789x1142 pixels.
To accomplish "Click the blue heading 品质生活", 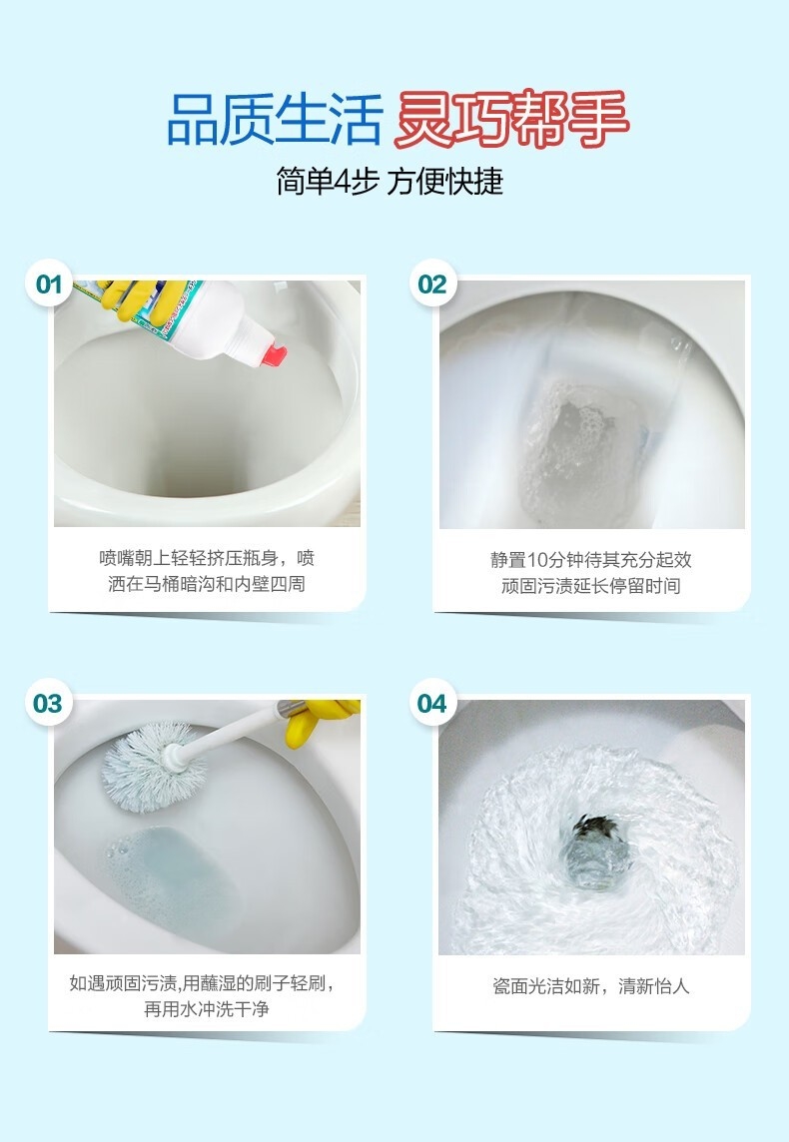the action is pyautogui.click(x=275, y=120).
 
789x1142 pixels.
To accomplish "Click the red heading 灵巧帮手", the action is pyautogui.click(x=510, y=120).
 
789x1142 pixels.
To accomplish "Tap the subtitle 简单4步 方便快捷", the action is pyautogui.click(x=390, y=181).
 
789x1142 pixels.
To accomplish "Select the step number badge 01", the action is pyautogui.click(x=49, y=284).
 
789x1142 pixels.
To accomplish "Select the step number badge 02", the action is pyautogui.click(x=432, y=284).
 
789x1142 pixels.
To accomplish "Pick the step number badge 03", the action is pyautogui.click(x=49, y=704).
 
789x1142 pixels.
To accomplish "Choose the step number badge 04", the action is pyautogui.click(x=432, y=704).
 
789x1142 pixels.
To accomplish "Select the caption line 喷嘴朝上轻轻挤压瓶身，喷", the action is pyautogui.click(x=207, y=559).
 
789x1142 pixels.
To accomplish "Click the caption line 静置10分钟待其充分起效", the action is pyautogui.click(x=591, y=560).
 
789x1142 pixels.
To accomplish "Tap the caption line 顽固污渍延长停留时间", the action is pyautogui.click(x=591, y=586).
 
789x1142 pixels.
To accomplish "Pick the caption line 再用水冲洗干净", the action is pyautogui.click(x=207, y=1008).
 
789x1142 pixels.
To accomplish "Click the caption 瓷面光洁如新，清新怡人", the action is pyautogui.click(x=591, y=986).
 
